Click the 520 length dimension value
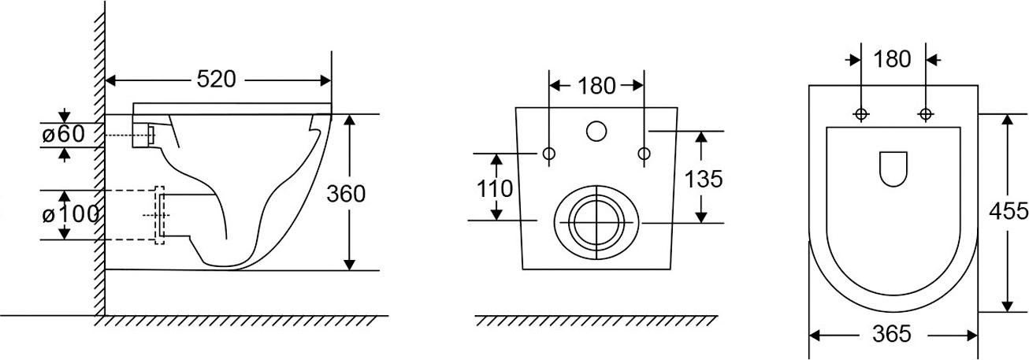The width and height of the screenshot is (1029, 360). click(217, 79)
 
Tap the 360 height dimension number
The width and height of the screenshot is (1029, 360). click(346, 194)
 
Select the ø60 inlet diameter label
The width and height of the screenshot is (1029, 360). click(63, 134)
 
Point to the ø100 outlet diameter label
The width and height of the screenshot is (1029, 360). click(70, 214)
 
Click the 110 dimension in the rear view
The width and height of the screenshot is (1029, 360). click(495, 189)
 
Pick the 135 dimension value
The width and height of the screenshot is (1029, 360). click(704, 179)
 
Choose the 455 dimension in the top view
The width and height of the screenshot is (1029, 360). click(1009, 211)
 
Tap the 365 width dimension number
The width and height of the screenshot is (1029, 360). click(892, 334)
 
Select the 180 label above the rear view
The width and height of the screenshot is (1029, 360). click(596, 86)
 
